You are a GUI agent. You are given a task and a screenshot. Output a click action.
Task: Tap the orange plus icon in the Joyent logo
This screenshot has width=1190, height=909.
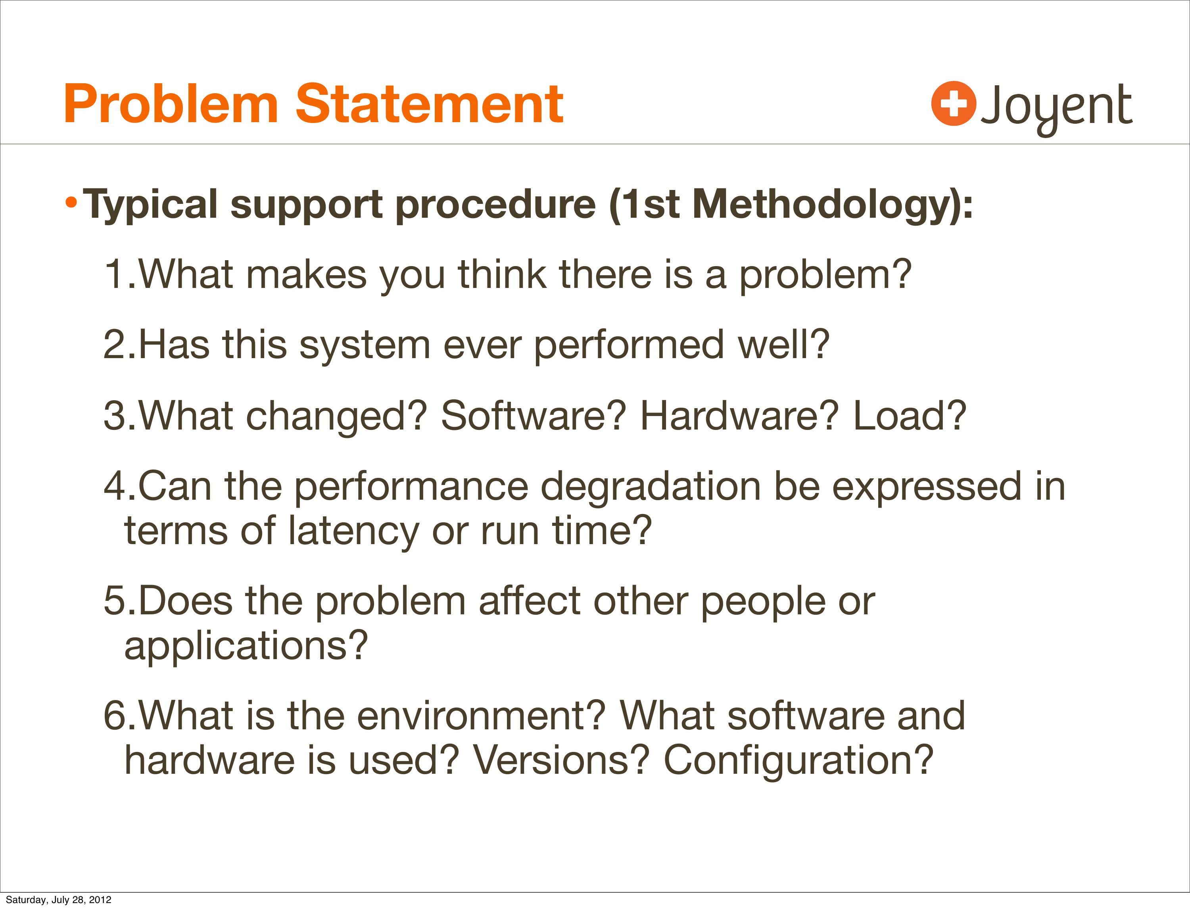954,104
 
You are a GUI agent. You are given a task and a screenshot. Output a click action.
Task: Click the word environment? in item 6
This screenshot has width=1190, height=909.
480,716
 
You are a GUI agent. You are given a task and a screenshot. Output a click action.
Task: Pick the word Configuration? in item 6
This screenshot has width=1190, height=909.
799,761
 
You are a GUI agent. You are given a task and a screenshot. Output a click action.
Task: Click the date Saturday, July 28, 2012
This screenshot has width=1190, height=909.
58,899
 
